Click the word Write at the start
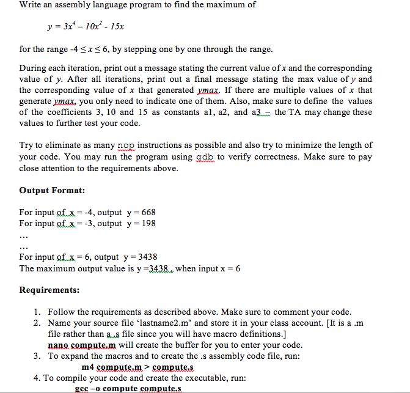tap(31, 5)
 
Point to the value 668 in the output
tap(148, 212)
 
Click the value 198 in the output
tap(148, 223)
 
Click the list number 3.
tap(37, 356)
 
